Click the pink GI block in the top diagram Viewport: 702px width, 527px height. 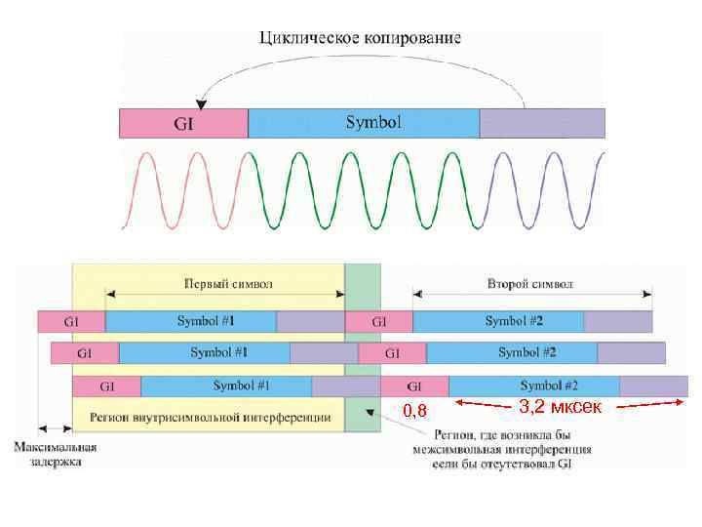183,123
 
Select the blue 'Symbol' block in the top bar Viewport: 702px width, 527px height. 364,123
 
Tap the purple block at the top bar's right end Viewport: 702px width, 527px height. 542,123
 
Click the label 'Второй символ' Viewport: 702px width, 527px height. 531,284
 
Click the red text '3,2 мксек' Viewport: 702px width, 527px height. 560,405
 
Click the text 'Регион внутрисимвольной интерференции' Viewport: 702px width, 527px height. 210,418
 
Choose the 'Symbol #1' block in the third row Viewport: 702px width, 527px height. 242,385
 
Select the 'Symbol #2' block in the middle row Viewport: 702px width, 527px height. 526,352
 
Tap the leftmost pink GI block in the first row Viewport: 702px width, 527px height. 71,320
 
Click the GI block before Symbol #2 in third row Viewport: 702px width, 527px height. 414,385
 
